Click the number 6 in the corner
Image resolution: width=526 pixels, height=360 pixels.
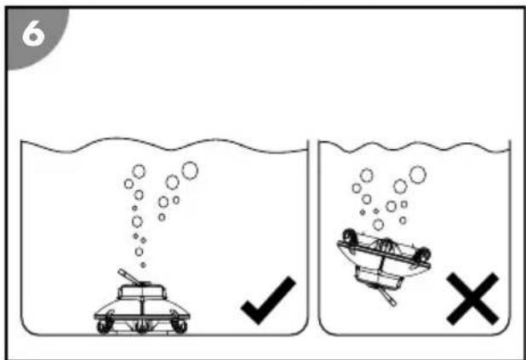click(33, 34)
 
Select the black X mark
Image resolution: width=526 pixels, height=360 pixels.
click(472, 299)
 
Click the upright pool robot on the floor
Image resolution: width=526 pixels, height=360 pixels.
click(142, 304)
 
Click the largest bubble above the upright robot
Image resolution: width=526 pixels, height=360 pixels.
click(190, 171)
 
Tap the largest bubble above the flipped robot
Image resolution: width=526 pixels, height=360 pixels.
click(418, 174)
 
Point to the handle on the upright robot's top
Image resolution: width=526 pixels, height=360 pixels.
click(129, 277)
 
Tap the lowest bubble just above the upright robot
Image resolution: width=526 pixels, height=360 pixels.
click(143, 265)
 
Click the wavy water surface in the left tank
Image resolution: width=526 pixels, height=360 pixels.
click(164, 147)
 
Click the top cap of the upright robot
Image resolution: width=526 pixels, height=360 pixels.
click(142, 291)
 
